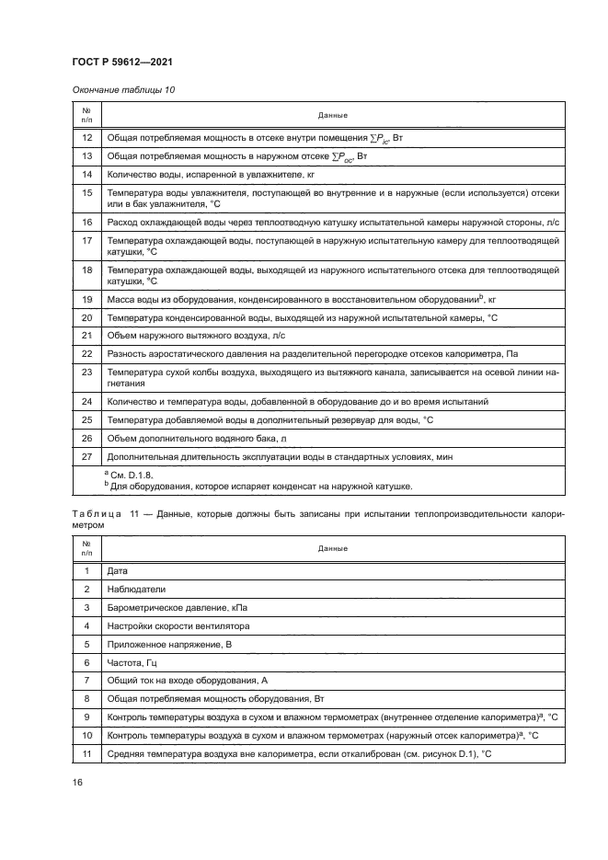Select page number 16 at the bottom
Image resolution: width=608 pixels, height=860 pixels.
(x=78, y=782)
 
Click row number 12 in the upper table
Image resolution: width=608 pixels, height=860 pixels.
(x=86, y=137)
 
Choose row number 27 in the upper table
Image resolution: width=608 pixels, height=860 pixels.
(x=86, y=456)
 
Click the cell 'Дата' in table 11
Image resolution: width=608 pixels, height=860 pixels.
(x=117, y=571)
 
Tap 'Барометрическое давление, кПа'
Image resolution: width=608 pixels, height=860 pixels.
(x=178, y=608)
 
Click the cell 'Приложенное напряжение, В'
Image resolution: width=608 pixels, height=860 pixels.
(x=171, y=645)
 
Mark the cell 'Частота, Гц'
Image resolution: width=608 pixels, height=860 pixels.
(x=134, y=662)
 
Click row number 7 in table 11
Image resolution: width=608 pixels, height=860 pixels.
(x=86, y=681)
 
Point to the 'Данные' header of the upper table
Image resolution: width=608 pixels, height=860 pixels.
(x=332, y=116)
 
